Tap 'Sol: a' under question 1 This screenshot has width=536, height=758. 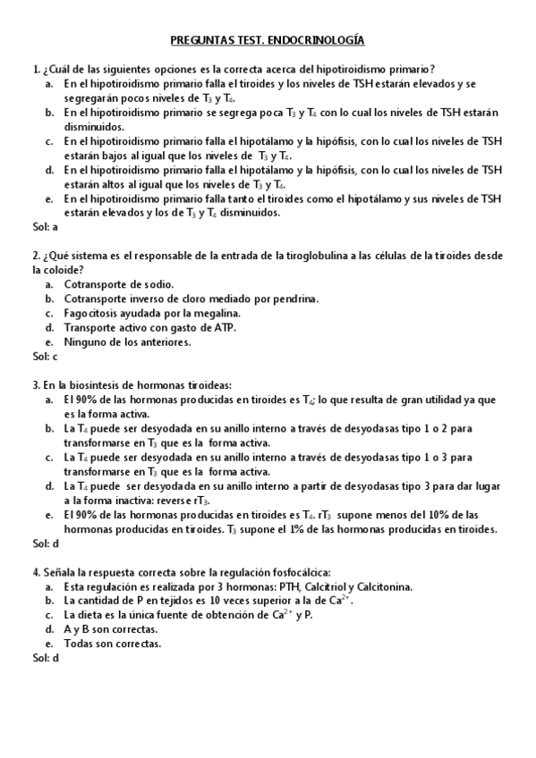click(45, 227)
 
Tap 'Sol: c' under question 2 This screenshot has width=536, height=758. click(45, 356)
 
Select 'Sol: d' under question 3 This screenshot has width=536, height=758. click(45, 543)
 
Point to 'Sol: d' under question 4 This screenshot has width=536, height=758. click(45, 658)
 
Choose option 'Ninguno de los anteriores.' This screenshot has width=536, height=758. click(127, 341)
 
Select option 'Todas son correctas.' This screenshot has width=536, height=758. click(113, 644)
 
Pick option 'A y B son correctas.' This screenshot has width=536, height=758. click(111, 629)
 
